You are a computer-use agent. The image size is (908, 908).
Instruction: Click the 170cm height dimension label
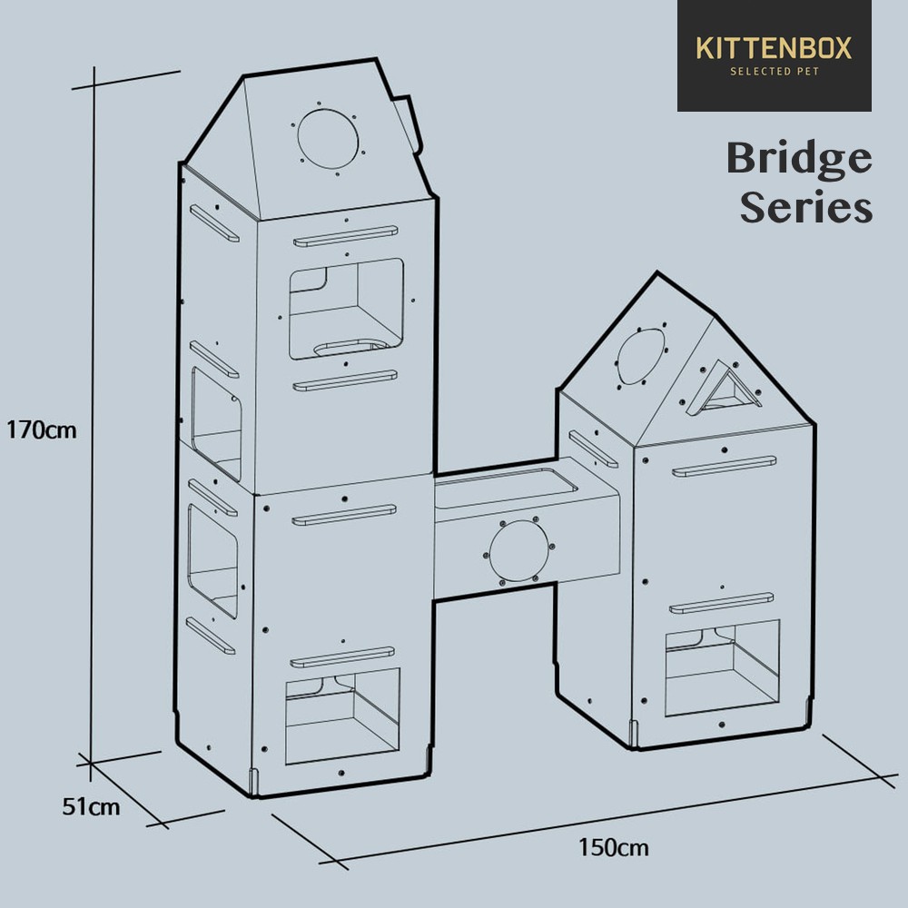click(41, 430)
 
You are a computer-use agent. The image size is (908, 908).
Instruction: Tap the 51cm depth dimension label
click(91, 806)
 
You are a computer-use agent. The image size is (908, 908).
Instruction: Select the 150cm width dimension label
click(613, 848)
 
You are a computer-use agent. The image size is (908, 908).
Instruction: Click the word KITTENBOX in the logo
click(774, 48)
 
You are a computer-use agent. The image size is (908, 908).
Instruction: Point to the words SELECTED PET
click(775, 71)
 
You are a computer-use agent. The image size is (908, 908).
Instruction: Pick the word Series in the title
click(806, 207)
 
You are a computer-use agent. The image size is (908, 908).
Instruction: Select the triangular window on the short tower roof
click(725, 388)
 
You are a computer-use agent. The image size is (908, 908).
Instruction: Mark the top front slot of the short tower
click(724, 466)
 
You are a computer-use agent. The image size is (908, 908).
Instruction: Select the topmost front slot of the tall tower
click(346, 236)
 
